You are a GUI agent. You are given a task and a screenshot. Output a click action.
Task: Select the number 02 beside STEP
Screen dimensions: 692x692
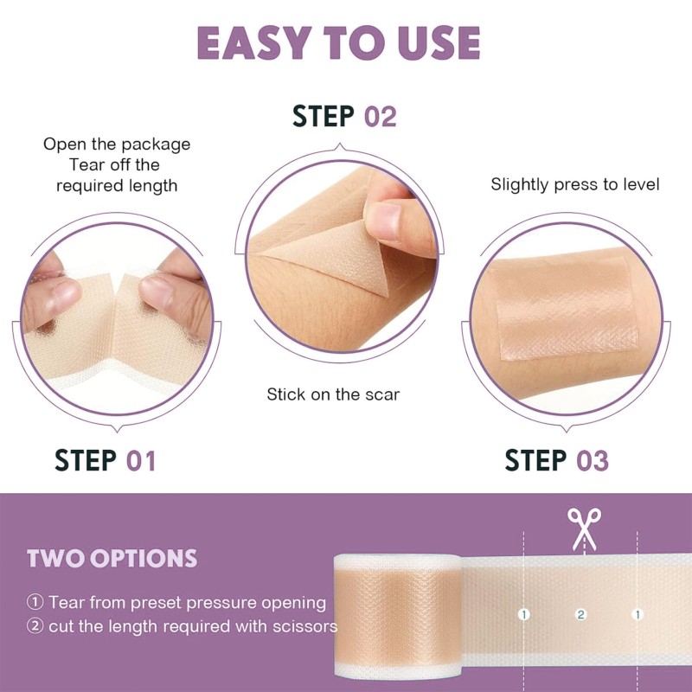click(x=379, y=116)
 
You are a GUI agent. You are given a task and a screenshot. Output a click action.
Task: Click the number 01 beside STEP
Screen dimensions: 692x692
click(x=141, y=460)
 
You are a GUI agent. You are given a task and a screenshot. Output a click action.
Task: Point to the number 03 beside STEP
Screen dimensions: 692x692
click(x=593, y=460)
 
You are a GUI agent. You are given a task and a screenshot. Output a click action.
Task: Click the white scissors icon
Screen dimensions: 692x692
click(x=584, y=527)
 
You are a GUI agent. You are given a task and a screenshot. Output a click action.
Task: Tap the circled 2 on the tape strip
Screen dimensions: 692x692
click(x=581, y=614)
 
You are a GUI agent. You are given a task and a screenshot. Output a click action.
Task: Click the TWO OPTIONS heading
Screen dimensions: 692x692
click(x=112, y=558)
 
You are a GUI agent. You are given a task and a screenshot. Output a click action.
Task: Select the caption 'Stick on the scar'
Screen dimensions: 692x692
click(x=333, y=394)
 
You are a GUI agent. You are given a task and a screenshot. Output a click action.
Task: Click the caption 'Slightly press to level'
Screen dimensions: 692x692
click(x=575, y=184)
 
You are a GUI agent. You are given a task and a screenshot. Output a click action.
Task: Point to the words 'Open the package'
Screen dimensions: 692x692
click(x=117, y=144)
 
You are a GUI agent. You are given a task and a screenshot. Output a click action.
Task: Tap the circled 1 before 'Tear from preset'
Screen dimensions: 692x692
click(x=35, y=602)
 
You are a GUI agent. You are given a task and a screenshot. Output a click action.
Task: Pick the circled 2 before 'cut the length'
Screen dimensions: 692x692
click(x=35, y=626)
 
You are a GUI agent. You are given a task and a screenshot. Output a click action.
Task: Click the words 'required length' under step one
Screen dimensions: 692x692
click(x=117, y=185)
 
